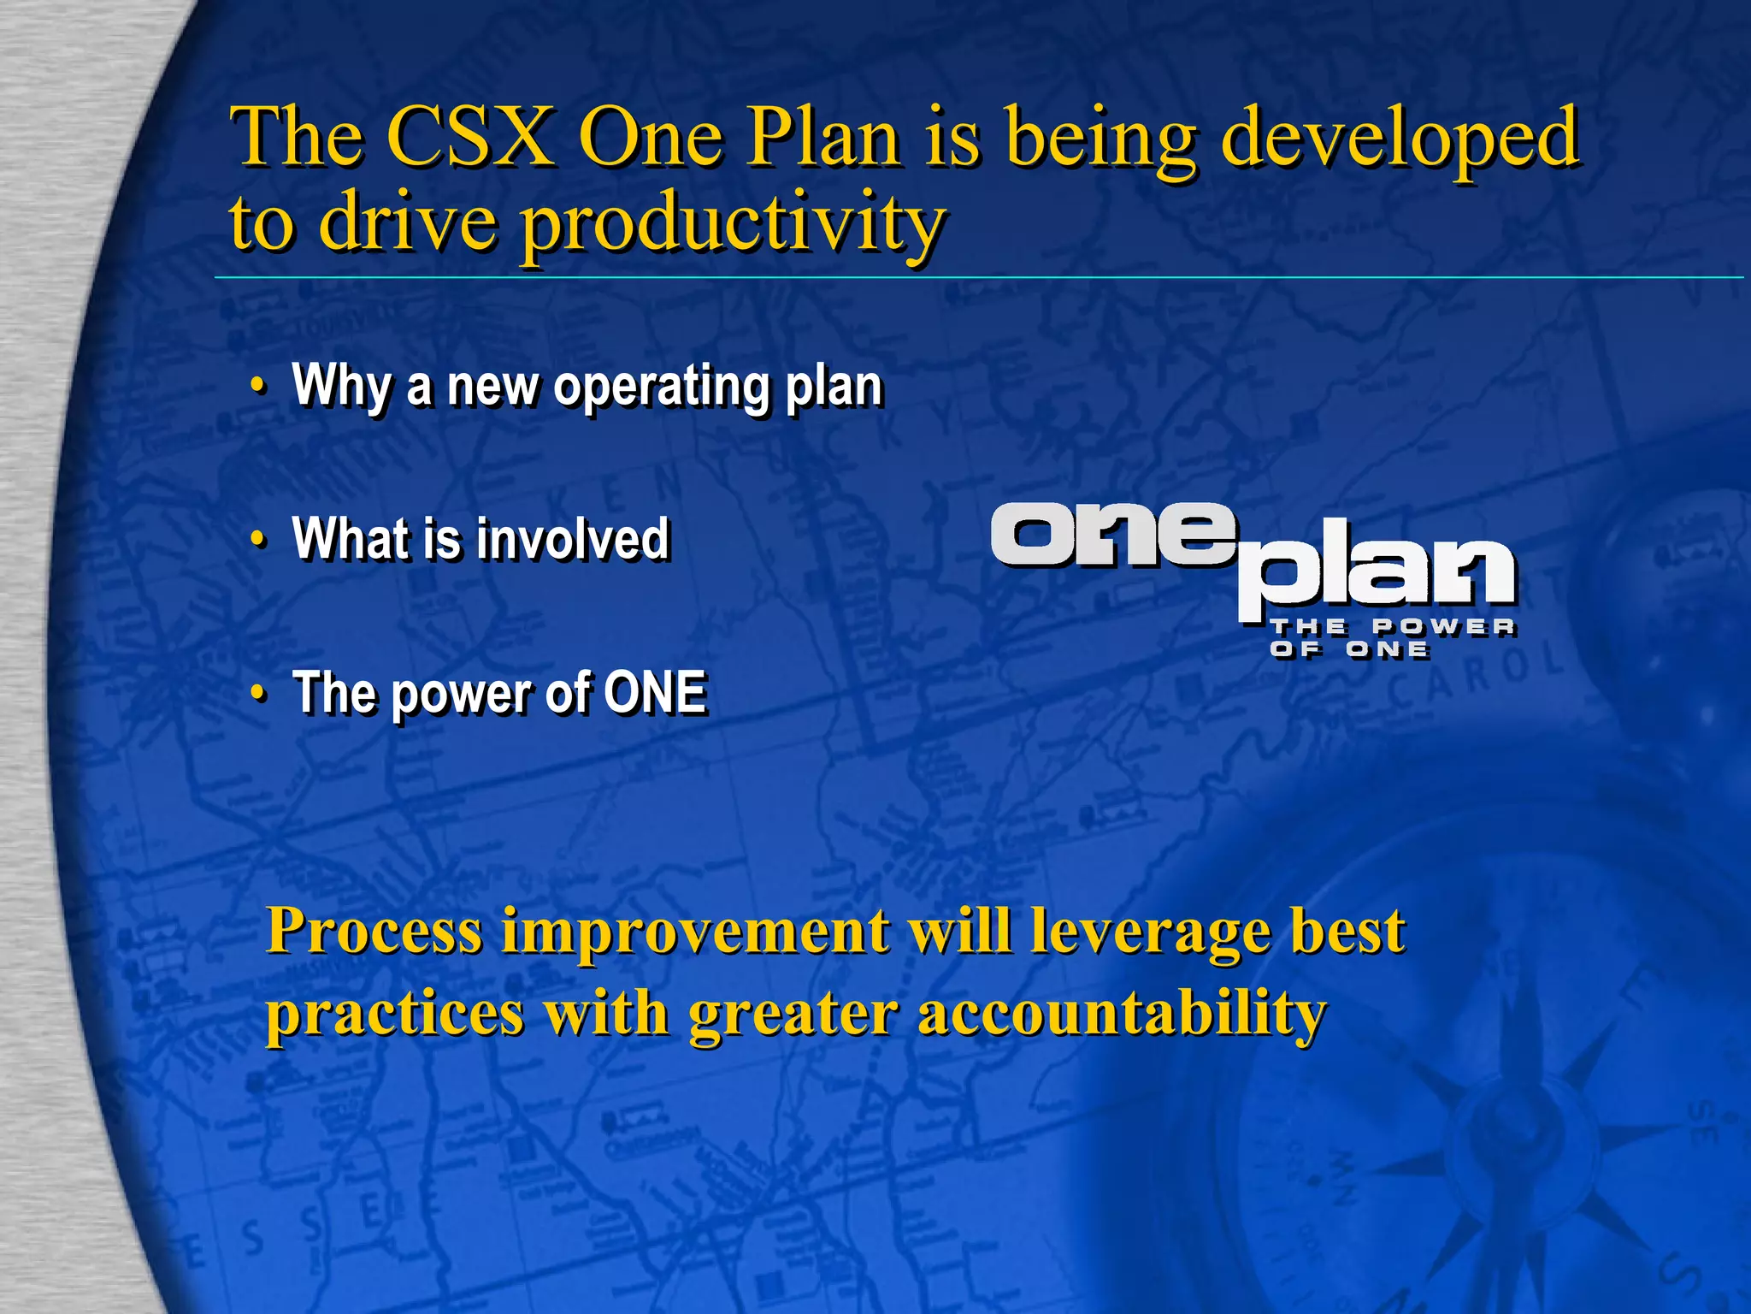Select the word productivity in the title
click(733, 224)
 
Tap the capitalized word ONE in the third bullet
click(655, 692)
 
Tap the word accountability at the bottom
click(1122, 1015)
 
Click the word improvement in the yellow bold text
click(695, 932)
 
